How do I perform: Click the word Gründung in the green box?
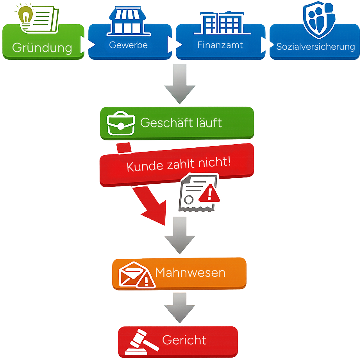pos(42,48)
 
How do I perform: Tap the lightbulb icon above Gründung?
pos(26,16)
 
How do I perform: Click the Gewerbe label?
pos(128,45)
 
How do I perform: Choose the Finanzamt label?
pos(220,45)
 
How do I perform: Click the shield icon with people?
pos(319,20)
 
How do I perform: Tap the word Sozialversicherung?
pos(316,47)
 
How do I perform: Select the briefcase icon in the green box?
pos(121,124)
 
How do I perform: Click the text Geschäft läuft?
pos(181,123)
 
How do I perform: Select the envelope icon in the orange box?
pos(131,274)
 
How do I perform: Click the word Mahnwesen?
pos(190,272)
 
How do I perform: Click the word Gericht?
pos(184,340)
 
